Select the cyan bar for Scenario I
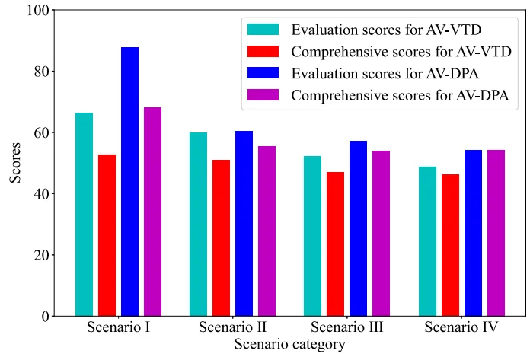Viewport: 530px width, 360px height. [x=84, y=214]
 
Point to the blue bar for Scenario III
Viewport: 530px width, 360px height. [x=358, y=228]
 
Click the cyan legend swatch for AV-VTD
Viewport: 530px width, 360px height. [x=263, y=30]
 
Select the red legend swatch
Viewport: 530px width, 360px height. [x=263, y=52]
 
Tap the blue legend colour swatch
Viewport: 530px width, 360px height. [x=263, y=74]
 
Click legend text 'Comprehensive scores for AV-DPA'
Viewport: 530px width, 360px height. [x=401, y=96]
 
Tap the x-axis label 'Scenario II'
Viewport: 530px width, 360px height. [x=232, y=328]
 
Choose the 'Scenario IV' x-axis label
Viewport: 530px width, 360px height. [x=461, y=328]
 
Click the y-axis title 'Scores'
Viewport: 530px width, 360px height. [x=15, y=163]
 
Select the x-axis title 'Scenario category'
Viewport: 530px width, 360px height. [x=290, y=345]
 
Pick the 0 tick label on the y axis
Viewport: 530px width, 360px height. [x=45, y=316]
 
